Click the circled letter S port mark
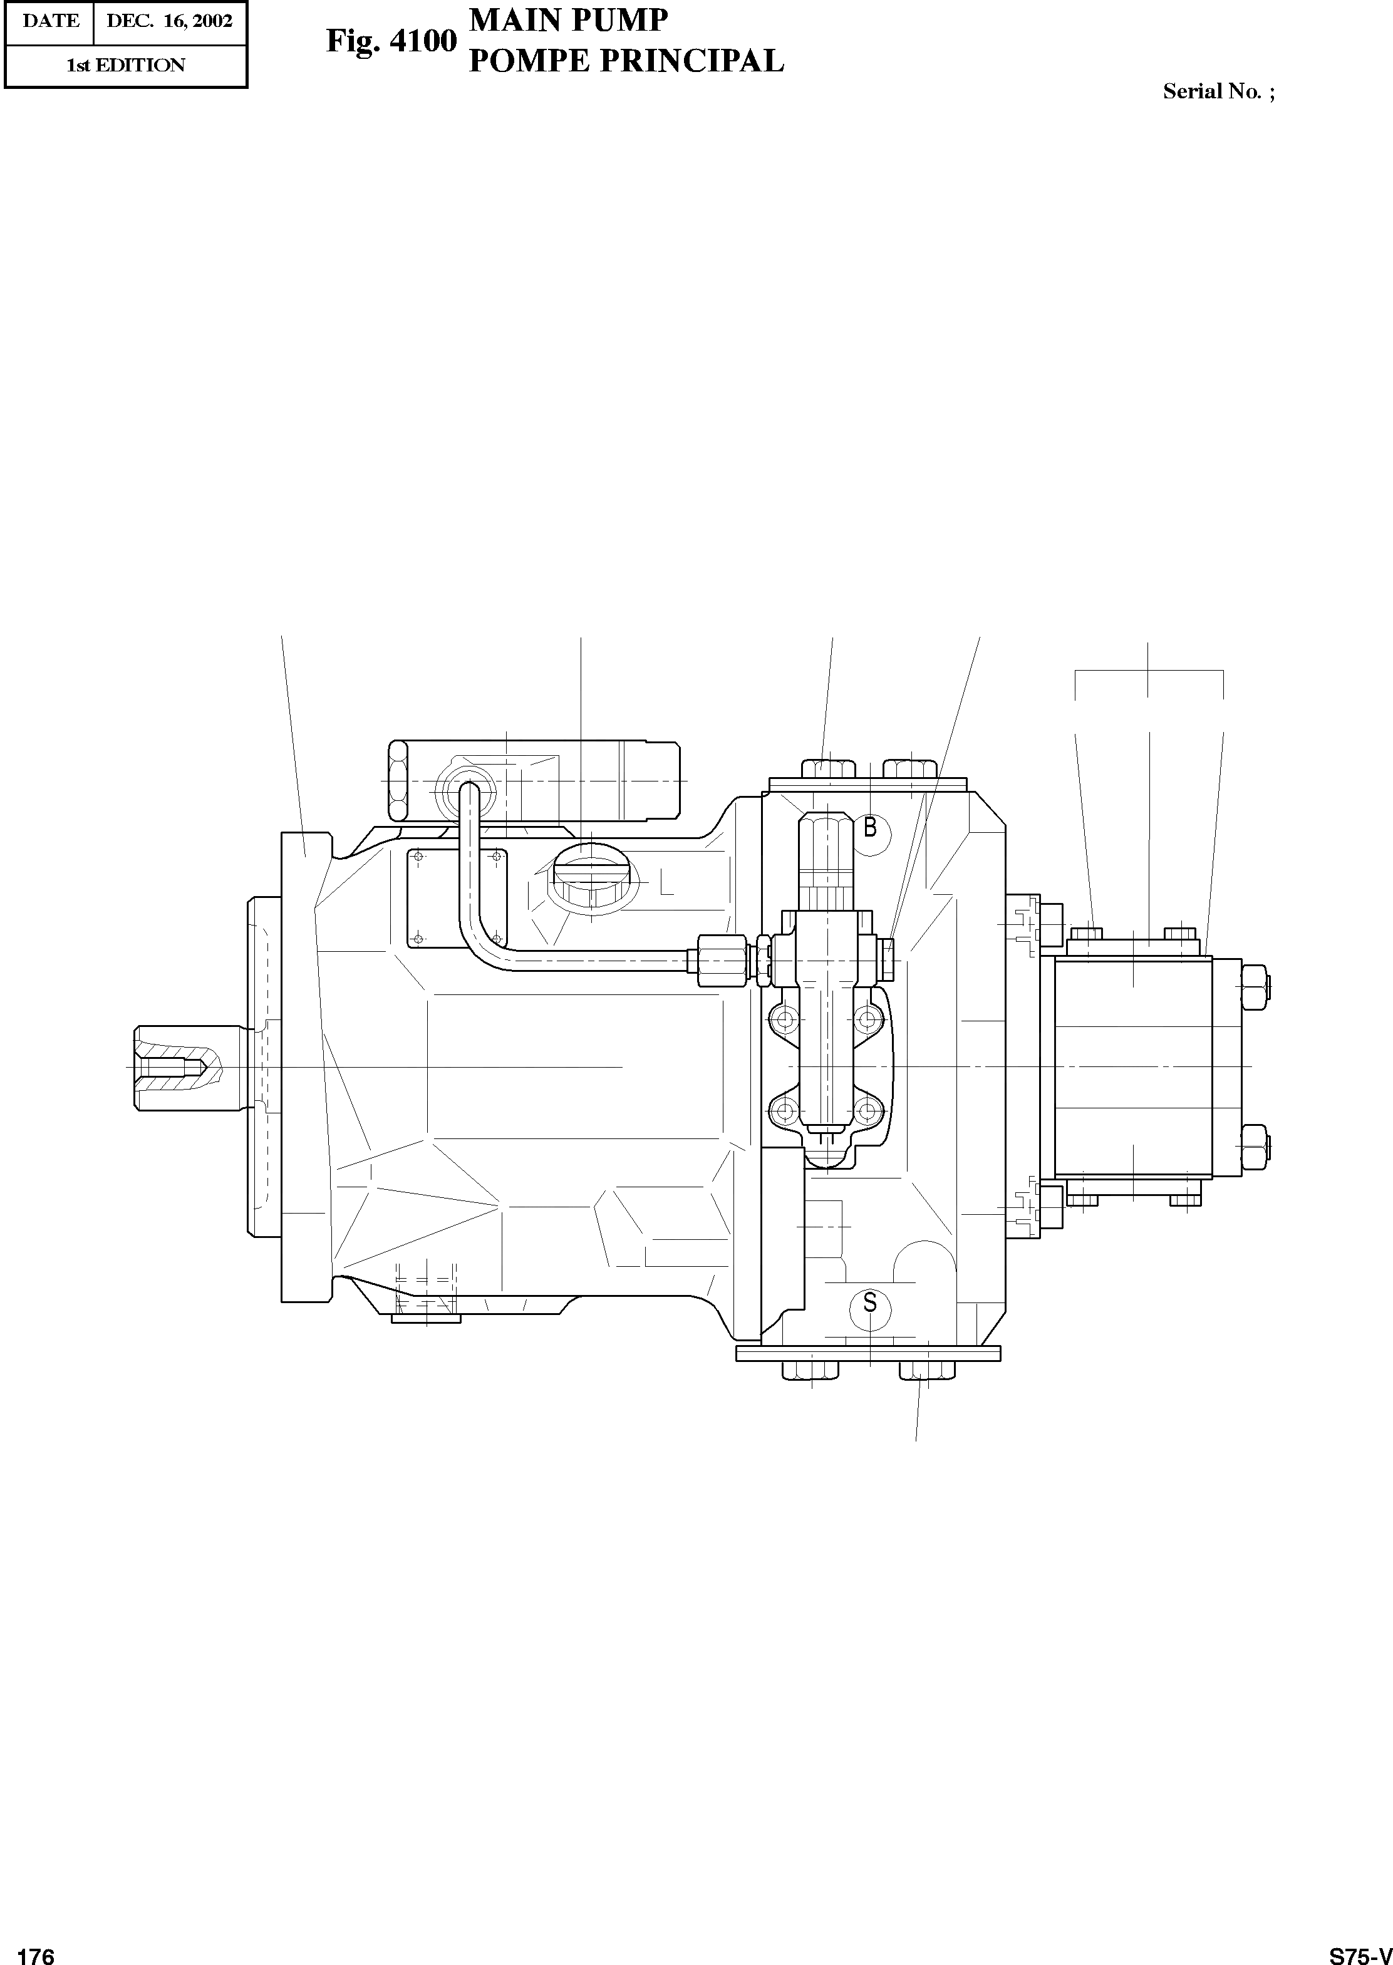click(870, 1303)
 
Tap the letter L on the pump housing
click(666, 880)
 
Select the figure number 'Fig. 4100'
click(391, 41)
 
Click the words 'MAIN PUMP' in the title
click(568, 19)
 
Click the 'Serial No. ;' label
click(1219, 91)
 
